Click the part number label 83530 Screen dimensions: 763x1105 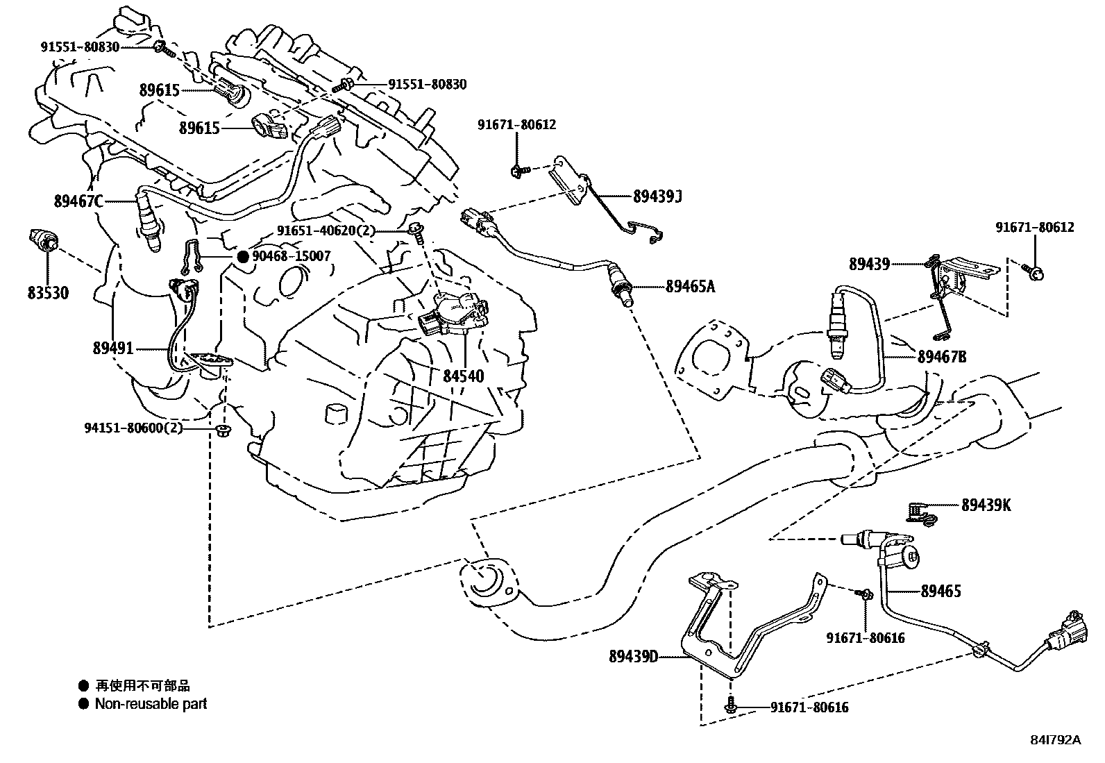[x=48, y=294]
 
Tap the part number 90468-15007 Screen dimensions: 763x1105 [x=291, y=256]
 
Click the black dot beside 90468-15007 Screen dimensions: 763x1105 [x=243, y=256]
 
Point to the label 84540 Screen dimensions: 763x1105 [x=463, y=376]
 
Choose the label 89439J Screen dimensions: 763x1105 [x=657, y=196]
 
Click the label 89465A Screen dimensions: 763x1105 [x=689, y=286]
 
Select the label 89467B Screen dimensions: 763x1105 [x=941, y=357]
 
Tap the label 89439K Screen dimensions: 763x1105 [x=986, y=505]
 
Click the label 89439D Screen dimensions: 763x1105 [x=633, y=655]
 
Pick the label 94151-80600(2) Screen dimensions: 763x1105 [x=134, y=428]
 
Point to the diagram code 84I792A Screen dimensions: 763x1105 [x=1056, y=740]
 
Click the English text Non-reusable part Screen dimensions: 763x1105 [x=151, y=704]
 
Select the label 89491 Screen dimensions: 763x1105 [x=112, y=349]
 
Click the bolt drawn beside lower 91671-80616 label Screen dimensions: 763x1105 [x=729, y=707]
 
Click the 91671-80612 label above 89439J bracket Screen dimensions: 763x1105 [x=516, y=125]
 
